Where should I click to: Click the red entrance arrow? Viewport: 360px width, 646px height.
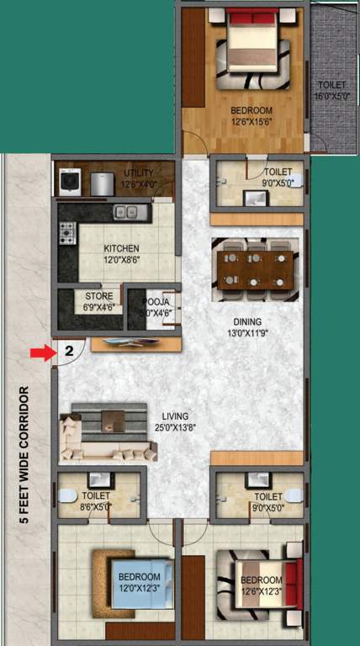(x=41, y=354)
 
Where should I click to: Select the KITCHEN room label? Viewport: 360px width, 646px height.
(x=121, y=254)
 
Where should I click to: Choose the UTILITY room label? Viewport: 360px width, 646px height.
(x=139, y=177)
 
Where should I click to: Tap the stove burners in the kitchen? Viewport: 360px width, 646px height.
(x=67, y=233)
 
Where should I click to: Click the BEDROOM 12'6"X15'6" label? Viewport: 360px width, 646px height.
(x=252, y=116)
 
